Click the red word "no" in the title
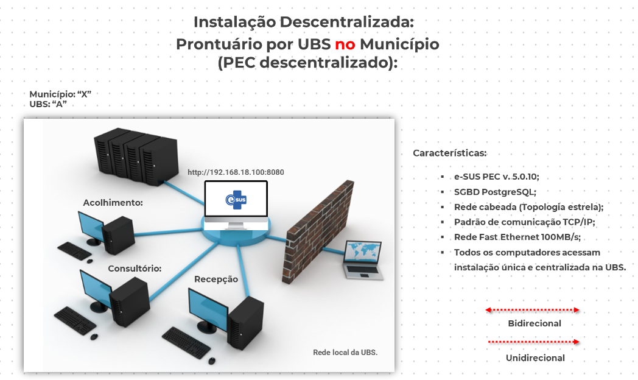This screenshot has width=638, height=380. (x=345, y=44)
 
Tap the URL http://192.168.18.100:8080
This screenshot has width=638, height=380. (x=236, y=172)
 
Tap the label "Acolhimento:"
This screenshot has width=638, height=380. (x=113, y=202)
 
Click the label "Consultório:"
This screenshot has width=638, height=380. (x=135, y=268)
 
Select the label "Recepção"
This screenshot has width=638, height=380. (x=216, y=279)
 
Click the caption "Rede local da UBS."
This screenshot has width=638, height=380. (x=345, y=352)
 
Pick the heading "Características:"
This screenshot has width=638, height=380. (x=450, y=153)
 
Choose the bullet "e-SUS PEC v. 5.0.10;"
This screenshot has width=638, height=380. (x=497, y=177)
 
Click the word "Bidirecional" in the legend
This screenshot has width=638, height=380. (x=535, y=323)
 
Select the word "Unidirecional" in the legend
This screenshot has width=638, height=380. (x=535, y=358)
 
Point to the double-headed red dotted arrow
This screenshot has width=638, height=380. (x=532, y=310)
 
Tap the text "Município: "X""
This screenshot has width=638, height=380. (x=60, y=94)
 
